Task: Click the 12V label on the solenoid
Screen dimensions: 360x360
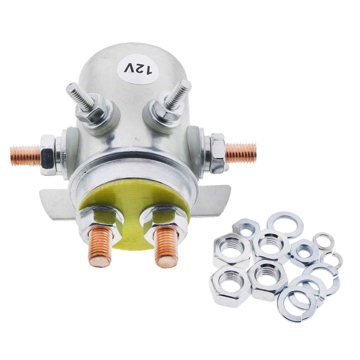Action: pyautogui.click(x=138, y=68)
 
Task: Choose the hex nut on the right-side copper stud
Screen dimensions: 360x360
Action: pyautogui.click(x=216, y=152)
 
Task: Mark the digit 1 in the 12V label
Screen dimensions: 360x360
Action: pyautogui.click(x=150, y=71)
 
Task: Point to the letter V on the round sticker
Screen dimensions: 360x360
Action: pyautogui.click(x=127, y=66)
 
